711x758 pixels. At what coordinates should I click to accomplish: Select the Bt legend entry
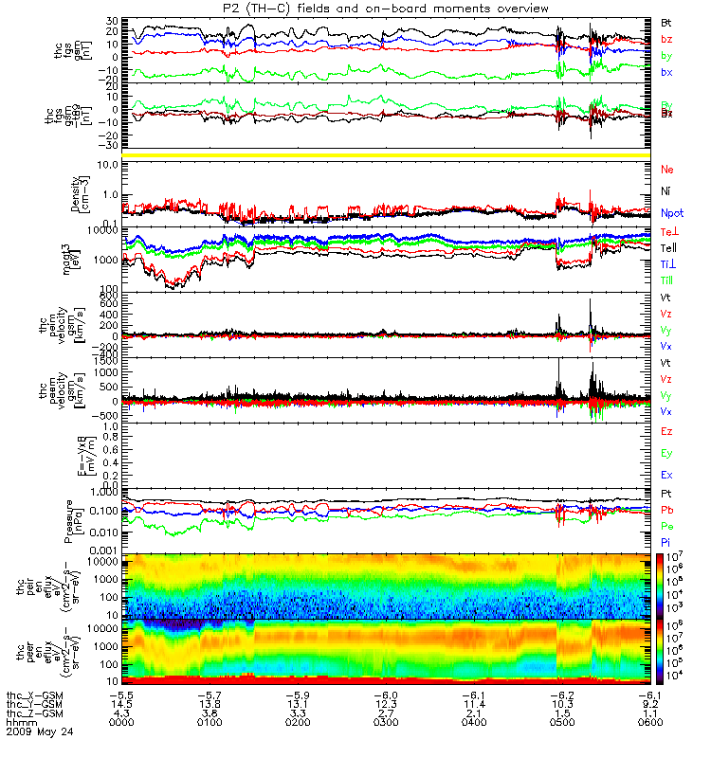pyautogui.click(x=666, y=21)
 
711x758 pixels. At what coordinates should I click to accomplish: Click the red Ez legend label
pyautogui.click(x=667, y=432)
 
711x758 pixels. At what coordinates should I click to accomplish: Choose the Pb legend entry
pyautogui.click(x=667, y=511)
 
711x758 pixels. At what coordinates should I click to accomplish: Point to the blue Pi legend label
pyautogui.click(x=666, y=541)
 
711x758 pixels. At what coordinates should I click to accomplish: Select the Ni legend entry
pyautogui.click(x=666, y=191)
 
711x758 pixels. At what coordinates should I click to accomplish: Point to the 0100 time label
pyautogui.click(x=216, y=723)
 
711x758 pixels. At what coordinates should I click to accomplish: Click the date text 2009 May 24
pyautogui.click(x=37, y=732)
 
